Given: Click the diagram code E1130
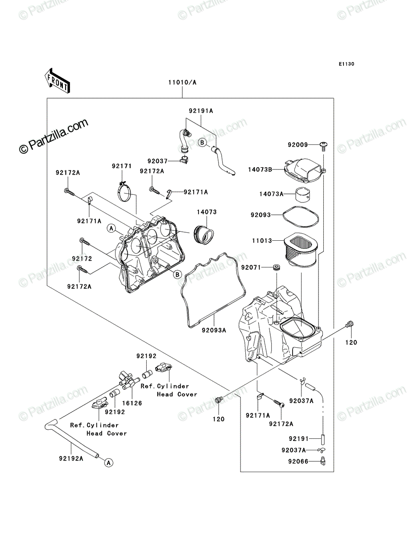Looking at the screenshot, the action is [x=347, y=64].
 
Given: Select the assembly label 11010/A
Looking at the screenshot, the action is [x=182, y=82].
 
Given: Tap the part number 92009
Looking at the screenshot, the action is [x=298, y=145].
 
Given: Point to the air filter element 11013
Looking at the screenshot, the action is [x=301, y=249].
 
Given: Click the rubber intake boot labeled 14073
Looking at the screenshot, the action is [x=204, y=235].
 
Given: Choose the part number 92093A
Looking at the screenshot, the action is [x=214, y=330].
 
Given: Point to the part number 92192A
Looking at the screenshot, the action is [x=71, y=459].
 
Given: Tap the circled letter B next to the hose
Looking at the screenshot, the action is [x=202, y=142].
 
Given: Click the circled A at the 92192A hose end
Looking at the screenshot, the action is [x=109, y=462].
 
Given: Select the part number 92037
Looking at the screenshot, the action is [x=157, y=161].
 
